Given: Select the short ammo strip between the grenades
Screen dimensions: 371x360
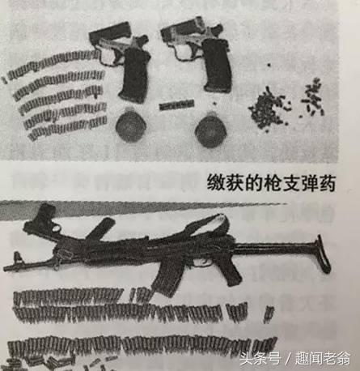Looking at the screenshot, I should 176,105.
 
